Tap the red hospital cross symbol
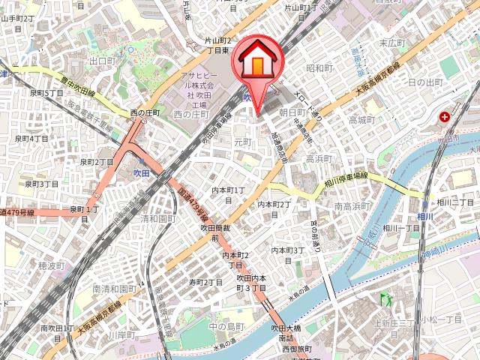click(445, 117)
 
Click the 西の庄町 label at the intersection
click(145, 113)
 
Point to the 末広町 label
click(392, 43)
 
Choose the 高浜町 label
click(319, 159)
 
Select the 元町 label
click(242, 141)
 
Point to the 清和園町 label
click(157, 219)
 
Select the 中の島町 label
click(226, 326)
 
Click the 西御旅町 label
click(296, 349)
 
